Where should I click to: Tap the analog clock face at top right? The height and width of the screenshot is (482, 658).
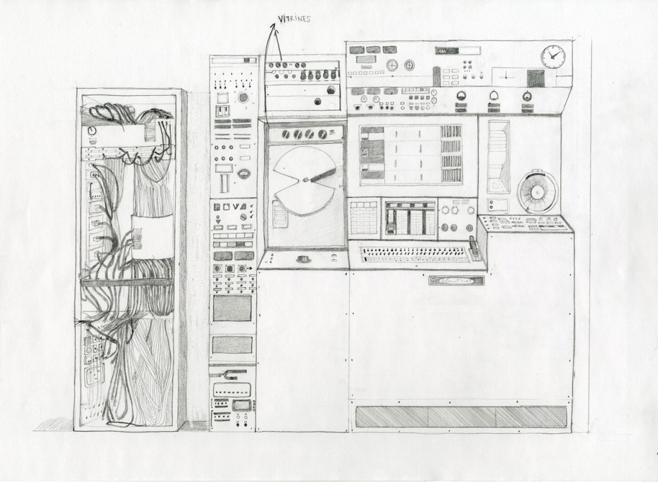coord(553,57)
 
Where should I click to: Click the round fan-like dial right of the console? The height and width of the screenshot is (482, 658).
coord(537,192)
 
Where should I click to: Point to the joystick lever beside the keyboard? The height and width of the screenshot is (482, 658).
coord(474,248)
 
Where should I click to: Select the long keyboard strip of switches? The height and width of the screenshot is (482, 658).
coord(414,254)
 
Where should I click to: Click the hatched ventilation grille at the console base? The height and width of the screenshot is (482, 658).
coord(461,416)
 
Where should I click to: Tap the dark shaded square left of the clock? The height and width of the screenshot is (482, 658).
coord(535,78)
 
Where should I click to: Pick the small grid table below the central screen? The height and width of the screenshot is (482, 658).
coord(364,219)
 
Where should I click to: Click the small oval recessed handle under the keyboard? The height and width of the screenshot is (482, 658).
coord(456,280)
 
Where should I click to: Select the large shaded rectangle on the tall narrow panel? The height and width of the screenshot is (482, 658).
coord(232,308)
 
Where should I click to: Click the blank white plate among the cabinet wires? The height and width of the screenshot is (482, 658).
coord(152,236)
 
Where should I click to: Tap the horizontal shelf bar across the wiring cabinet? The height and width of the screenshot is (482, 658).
coord(127,281)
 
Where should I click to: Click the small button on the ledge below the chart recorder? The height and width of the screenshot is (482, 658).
coord(302,259)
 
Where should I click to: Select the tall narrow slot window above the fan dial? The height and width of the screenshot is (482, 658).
coord(498,154)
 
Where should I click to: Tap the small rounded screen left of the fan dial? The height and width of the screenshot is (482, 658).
coord(497,206)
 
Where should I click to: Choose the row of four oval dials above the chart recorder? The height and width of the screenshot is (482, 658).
coord(306,134)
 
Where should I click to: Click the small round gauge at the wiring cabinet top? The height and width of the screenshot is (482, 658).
coord(92,130)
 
